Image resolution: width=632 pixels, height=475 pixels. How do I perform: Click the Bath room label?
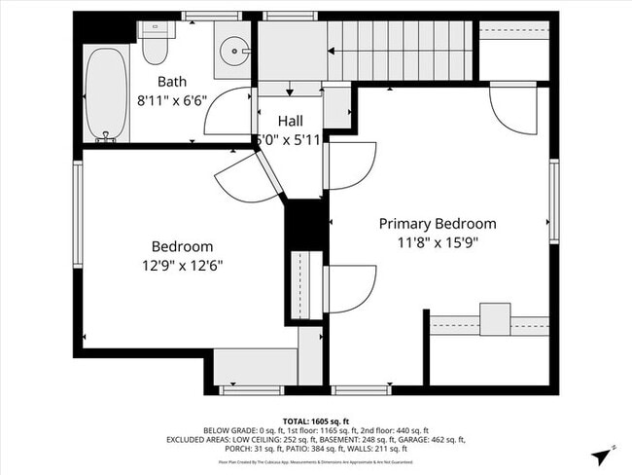171,83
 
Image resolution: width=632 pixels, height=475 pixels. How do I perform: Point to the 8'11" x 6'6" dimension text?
172,99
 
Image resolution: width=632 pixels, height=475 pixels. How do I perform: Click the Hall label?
290,121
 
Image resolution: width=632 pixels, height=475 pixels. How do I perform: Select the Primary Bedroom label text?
437,224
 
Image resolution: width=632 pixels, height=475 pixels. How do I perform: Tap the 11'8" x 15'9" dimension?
437,242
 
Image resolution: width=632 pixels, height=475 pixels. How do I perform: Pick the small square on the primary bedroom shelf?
495,319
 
